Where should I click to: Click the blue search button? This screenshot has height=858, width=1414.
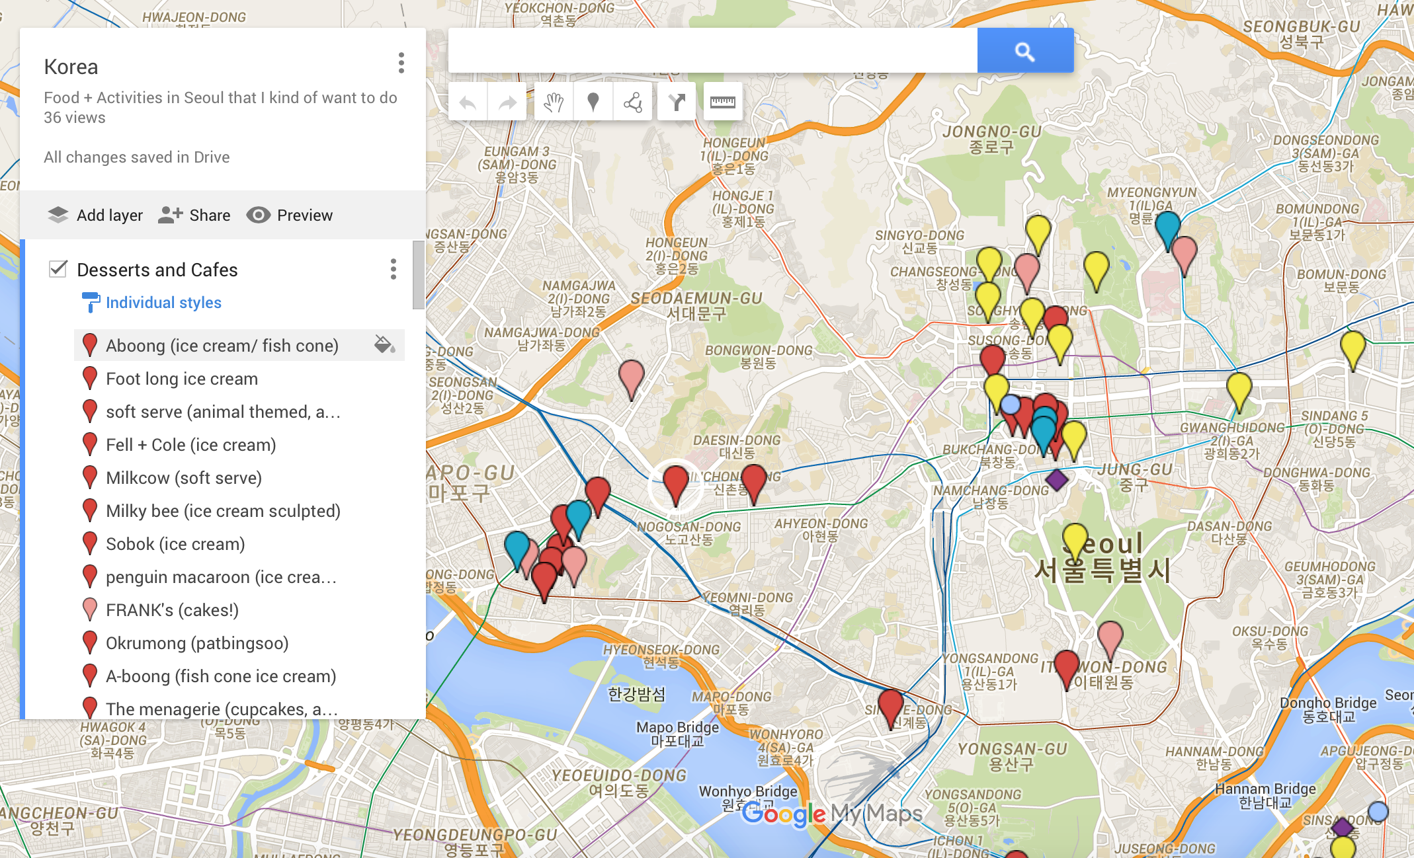(1024, 51)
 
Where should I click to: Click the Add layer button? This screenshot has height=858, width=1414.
(96, 215)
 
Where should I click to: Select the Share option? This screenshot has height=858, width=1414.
(194, 215)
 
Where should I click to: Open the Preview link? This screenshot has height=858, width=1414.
(290, 215)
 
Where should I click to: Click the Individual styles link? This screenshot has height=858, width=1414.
(163, 302)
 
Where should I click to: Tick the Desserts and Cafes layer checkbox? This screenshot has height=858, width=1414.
(58, 268)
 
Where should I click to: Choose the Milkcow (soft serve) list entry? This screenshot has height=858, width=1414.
(183, 478)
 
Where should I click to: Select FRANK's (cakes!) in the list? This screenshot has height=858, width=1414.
(172, 610)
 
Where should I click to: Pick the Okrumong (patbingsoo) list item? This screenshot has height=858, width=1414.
(196, 643)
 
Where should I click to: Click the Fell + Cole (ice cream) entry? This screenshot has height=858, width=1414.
(190, 445)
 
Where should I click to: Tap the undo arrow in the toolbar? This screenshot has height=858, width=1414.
(468, 102)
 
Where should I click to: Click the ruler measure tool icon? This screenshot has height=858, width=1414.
(722, 102)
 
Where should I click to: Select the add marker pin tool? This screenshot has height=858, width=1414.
(593, 102)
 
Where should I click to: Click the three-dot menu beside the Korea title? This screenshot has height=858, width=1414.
(401, 63)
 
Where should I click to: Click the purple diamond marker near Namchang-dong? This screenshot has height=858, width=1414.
(1056, 479)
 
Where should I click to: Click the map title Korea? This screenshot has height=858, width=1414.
(71, 67)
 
